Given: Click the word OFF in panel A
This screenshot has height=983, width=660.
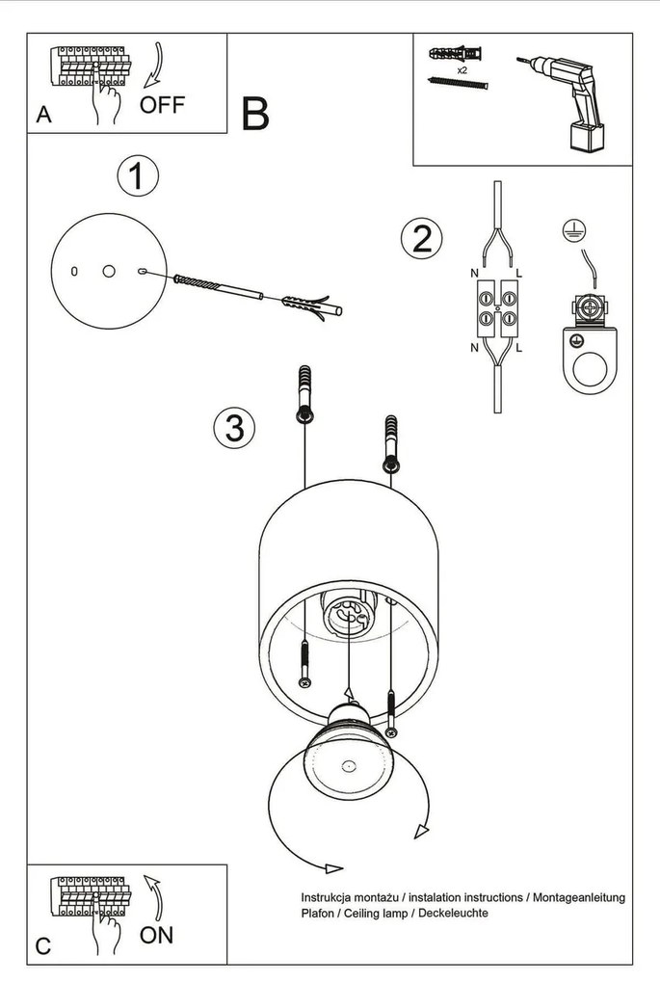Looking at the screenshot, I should click(162, 105).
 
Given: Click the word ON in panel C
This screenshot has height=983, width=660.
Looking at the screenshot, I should click(157, 934).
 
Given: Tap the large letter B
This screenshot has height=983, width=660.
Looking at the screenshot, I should click(255, 115).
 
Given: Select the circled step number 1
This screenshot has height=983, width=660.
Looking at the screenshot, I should click(137, 177).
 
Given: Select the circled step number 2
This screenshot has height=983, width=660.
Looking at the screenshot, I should click(421, 238).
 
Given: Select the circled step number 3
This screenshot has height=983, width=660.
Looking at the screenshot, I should click(234, 426).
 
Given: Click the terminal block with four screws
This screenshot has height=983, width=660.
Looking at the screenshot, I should click(495, 307).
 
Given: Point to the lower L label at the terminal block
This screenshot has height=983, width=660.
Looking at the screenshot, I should click(518, 346).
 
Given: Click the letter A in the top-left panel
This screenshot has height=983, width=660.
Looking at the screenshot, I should click(43, 115).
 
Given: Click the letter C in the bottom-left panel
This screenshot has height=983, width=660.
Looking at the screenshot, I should click(43, 946).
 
